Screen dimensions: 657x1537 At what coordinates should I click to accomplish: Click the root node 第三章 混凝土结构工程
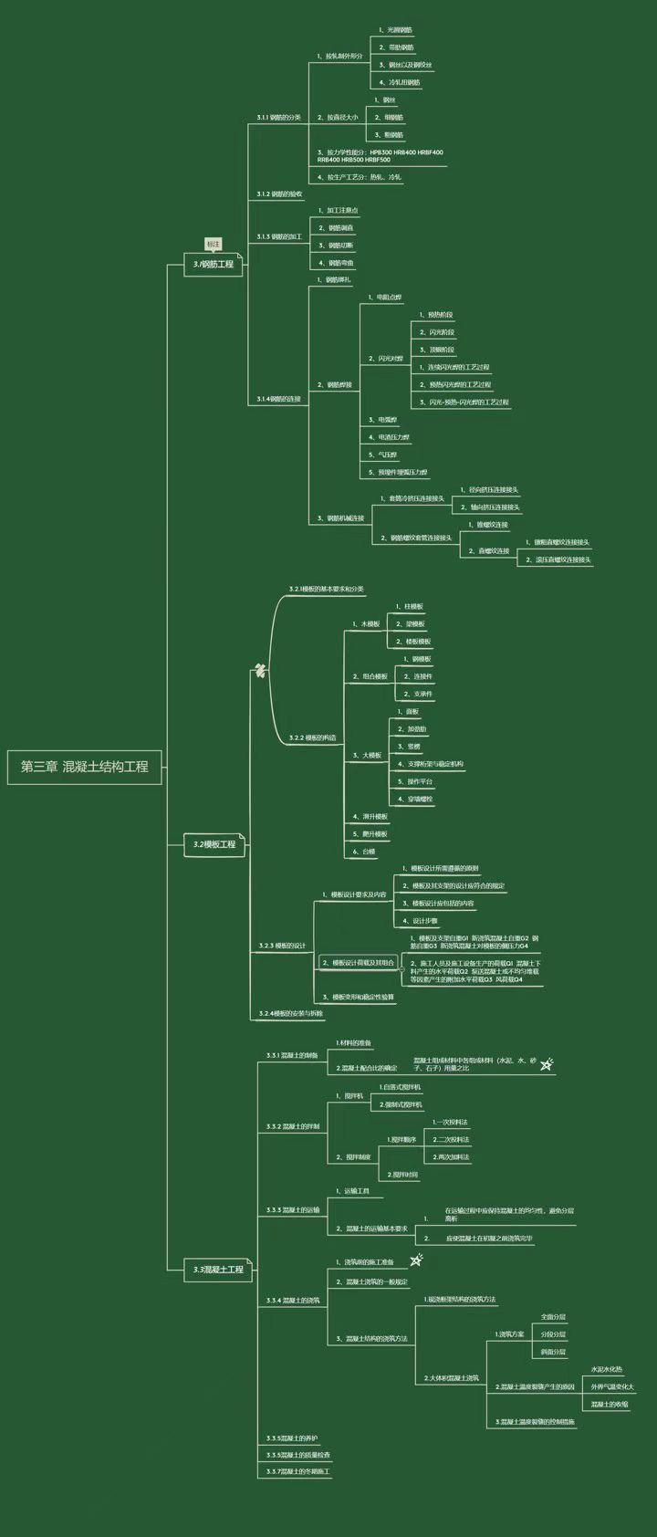[85, 767]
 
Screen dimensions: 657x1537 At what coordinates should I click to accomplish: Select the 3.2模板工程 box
[214, 844]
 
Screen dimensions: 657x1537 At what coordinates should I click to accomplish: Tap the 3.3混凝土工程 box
[218, 1270]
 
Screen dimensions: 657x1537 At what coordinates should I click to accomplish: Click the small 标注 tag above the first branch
[214, 244]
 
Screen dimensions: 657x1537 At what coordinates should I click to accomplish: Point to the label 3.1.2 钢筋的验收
[279, 194]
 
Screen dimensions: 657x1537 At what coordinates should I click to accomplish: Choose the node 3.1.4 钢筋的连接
[278, 399]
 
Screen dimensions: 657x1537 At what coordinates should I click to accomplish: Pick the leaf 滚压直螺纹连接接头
[562, 559]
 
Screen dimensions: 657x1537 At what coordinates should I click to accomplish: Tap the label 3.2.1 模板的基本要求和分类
[327, 590]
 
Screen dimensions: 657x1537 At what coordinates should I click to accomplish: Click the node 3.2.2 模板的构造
[312, 737]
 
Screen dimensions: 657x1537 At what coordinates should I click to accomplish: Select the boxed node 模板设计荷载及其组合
[359, 962]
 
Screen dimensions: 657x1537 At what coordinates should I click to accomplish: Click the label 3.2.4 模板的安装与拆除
[290, 1013]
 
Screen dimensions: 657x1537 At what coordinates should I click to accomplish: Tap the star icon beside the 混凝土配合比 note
[547, 1063]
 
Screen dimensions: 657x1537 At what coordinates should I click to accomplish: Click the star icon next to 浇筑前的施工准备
[416, 1260]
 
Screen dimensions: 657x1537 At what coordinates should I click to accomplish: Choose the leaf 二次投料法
[452, 1139]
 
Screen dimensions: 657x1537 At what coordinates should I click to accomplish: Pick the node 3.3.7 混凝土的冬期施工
[298, 1471]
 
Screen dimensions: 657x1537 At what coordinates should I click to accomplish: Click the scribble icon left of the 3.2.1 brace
[260, 671]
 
